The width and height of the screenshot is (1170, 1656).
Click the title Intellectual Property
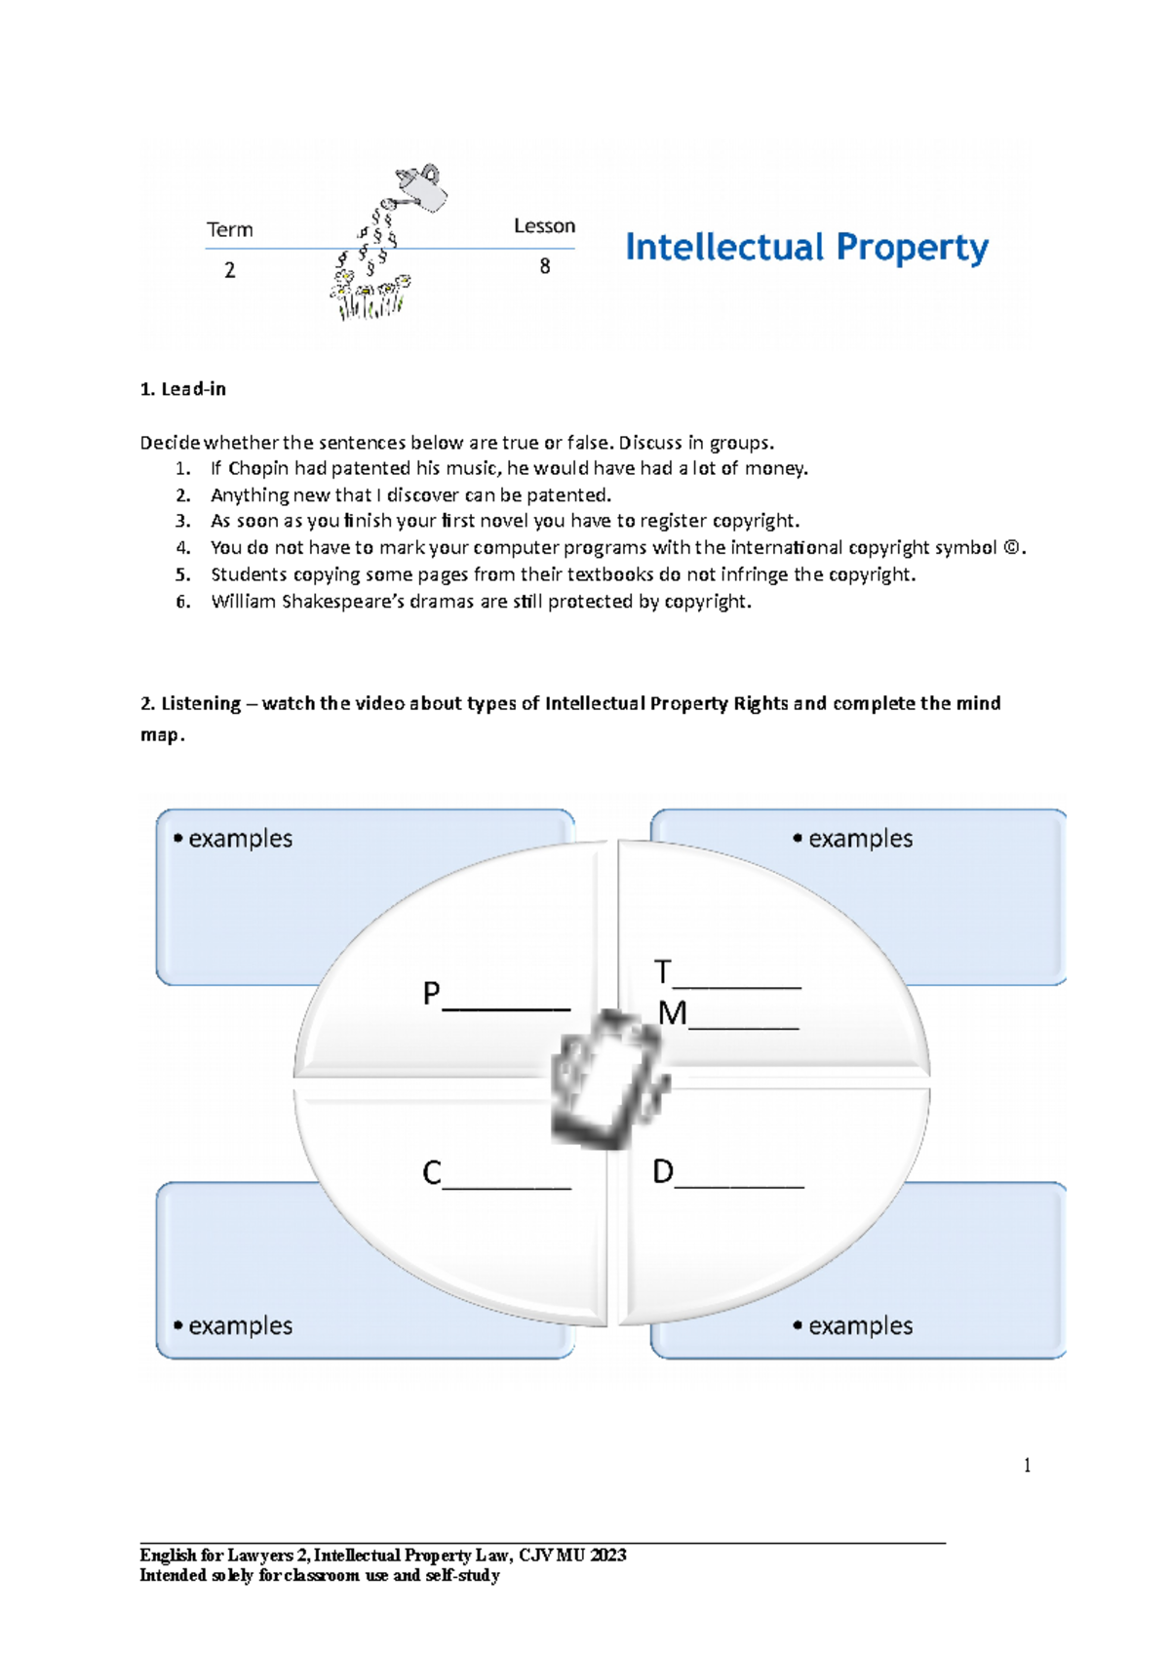coord(806,248)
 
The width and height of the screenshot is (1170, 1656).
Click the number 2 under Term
coord(230,270)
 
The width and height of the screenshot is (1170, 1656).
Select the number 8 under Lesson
coord(545,266)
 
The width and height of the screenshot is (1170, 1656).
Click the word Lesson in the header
coord(544,226)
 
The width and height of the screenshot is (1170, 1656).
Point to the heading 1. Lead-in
coord(183,389)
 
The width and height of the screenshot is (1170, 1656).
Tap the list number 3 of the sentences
coord(182,521)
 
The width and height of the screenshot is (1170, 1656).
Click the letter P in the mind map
coord(431,994)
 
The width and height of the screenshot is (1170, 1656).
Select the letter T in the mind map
coord(663,971)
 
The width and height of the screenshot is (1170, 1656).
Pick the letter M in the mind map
coord(672,1013)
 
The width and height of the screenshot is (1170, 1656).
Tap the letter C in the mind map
coord(431,1172)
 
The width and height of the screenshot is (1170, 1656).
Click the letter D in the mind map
coord(663,1171)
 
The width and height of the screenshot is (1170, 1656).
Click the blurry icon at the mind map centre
coord(609,1080)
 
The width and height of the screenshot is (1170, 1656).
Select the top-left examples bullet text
coord(240,839)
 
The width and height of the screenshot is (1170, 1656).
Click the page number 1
coord(1027,1465)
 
